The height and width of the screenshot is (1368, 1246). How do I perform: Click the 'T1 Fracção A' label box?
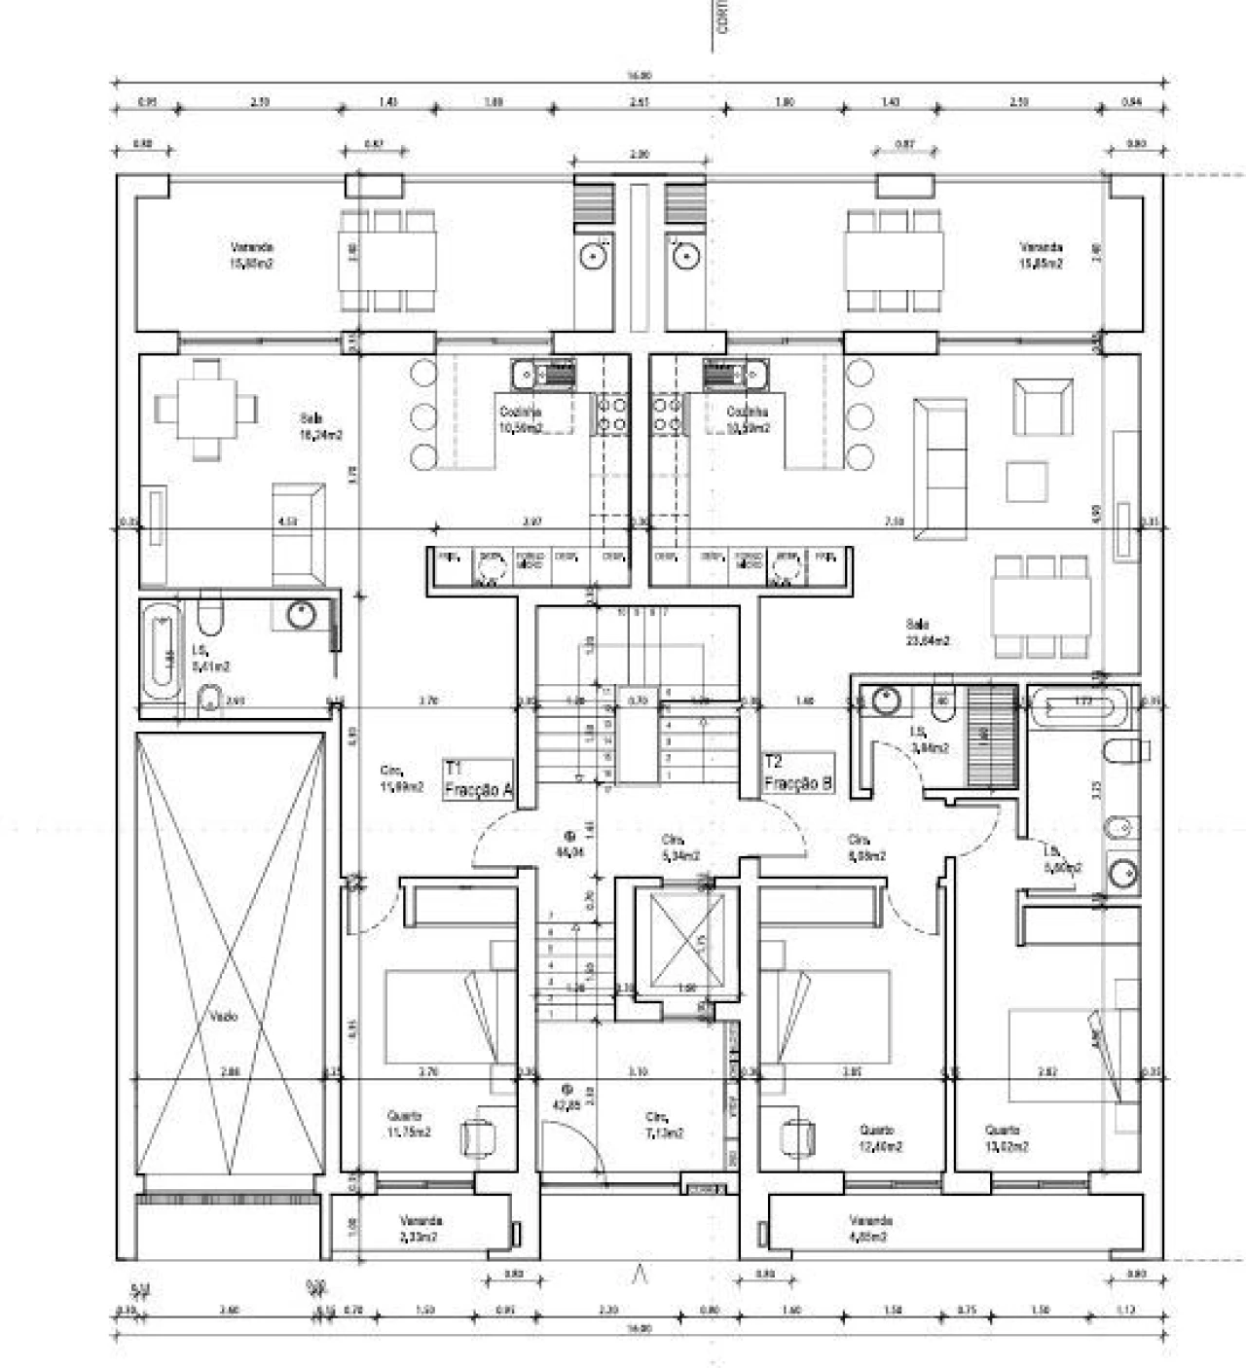(x=478, y=779)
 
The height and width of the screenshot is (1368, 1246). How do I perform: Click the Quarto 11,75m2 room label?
(x=409, y=1124)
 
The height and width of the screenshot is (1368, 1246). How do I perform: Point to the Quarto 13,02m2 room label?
(x=1007, y=1138)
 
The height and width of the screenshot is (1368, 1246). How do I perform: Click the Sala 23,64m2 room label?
(x=927, y=632)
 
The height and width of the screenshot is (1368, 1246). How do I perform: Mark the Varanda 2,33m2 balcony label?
(x=421, y=1228)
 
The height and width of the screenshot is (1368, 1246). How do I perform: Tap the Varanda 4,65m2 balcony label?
(x=869, y=1228)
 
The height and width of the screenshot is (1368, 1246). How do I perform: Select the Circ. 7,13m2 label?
(x=665, y=1125)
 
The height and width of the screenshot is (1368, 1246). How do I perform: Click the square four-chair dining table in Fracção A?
(x=206, y=409)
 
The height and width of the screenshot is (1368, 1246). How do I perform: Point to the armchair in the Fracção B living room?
(x=1042, y=406)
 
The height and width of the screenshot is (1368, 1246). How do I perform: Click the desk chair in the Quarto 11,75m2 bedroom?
(x=477, y=1136)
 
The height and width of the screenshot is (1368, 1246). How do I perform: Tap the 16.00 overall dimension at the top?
(x=640, y=75)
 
